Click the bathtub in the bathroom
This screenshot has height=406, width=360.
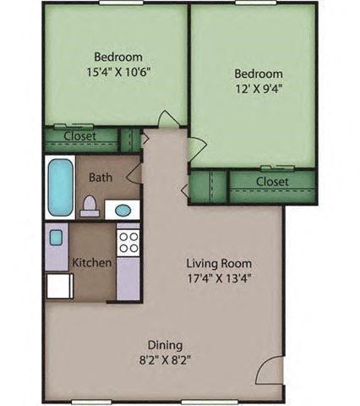[x=61, y=186]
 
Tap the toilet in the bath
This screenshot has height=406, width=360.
[x=90, y=206]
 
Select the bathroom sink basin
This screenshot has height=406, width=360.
[x=123, y=210]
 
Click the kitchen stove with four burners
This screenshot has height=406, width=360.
[x=128, y=243]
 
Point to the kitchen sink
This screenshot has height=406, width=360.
[x=56, y=238]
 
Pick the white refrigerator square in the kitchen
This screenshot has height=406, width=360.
[x=58, y=286]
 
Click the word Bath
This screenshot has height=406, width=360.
[x=100, y=178]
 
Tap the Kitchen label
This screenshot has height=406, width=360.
[x=92, y=263]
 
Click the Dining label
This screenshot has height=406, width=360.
[x=166, y=345]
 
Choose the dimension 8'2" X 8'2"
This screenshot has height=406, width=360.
[x=166, y=360]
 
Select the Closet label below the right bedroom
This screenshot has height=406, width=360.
[x=272, y=182]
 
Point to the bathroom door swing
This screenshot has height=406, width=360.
[x=134, y=176]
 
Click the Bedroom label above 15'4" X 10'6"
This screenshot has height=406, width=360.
[x=118, y=56]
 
